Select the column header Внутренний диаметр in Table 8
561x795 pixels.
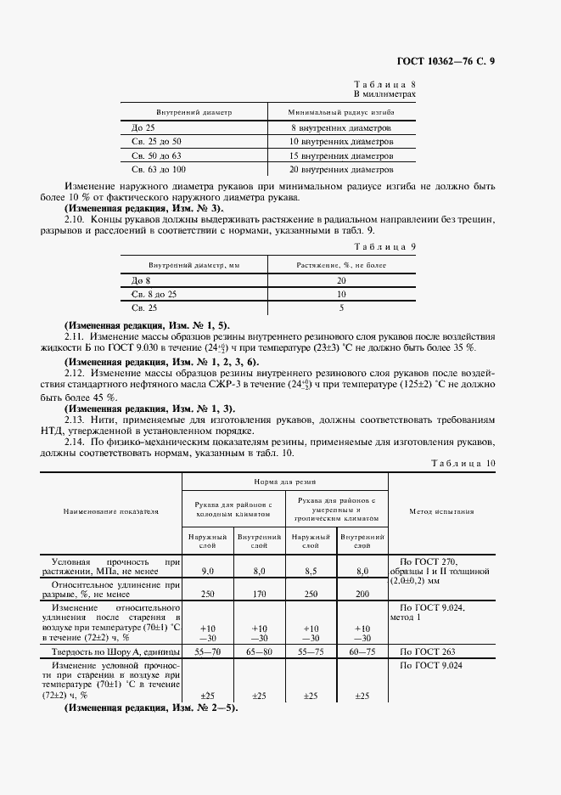pyautogui.click(x=194, y=112)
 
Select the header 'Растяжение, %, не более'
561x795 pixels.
pyautogui.click(x=340, y=265)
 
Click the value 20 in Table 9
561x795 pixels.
pyautogui.click(x=341, y=279)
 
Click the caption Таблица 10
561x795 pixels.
pyautogui.click(x=463, y=463)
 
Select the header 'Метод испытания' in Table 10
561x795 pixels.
pyautogui.click(x=441, y=511)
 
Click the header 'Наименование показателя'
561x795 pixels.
pyautogui.click(x=109, y=511)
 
